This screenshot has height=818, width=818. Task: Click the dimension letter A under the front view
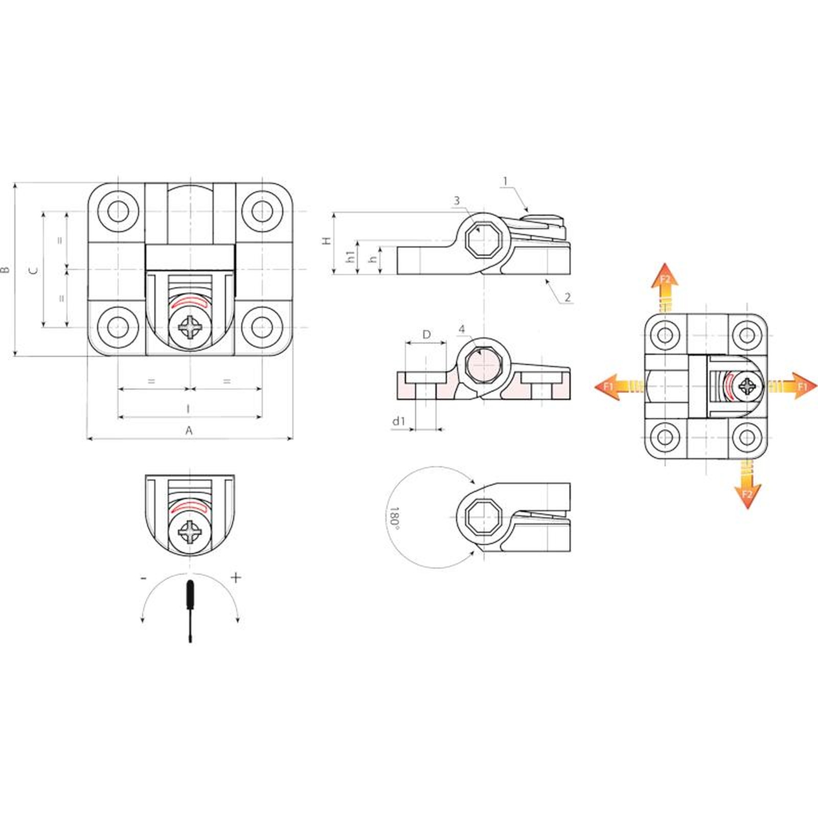point(189,430)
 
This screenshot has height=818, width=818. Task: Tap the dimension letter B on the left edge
point(6,269)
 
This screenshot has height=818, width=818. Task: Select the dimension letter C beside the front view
point(33,270)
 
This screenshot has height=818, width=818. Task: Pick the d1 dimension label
point(398,421)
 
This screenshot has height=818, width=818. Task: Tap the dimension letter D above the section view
point(426,335)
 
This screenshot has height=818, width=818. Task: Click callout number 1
point(505,181)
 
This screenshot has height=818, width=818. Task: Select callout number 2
point(567,297)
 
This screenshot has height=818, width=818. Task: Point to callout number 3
point(457,201)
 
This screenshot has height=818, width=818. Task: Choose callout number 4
point(462,330)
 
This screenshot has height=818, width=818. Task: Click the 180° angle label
point(394,517)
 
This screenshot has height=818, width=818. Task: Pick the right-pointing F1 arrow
point(792,387)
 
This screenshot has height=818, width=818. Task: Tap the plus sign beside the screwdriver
point(236,578)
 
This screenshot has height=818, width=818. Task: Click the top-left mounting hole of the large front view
point(118,211)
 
